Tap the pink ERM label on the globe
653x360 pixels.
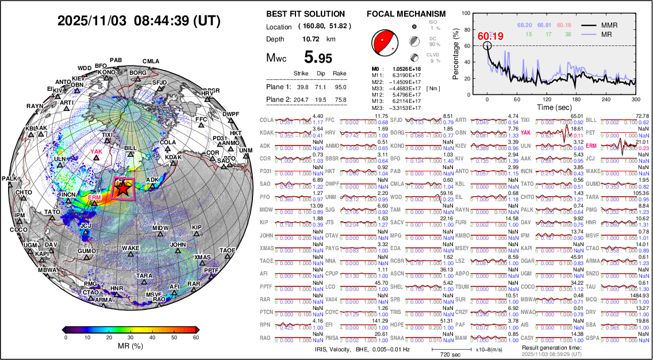pyautogui.click(x=94, y=197)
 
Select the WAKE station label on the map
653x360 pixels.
pyautogui.click(x=131, y=248)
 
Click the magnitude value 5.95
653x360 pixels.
pyautogui.click(x=318, y=57)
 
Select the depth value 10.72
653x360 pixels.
pyautogui.click(x=311, y=39)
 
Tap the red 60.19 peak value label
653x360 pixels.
pyautogui.click(x=490, y=37)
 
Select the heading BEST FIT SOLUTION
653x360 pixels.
pyautogui.click(x=306, y=14)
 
